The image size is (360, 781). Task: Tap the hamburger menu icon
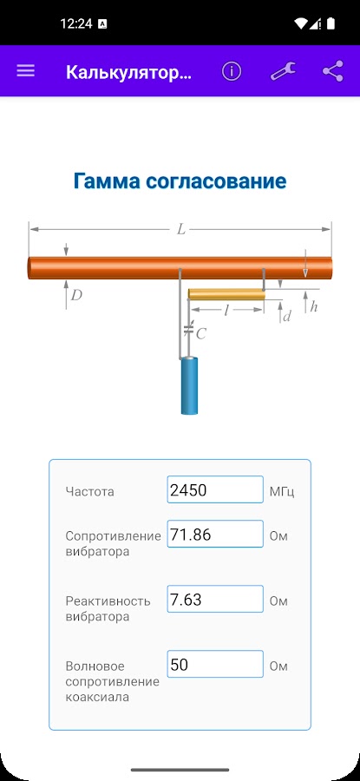(x=25, y=71)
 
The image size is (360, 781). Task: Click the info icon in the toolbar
(x=232, y=72)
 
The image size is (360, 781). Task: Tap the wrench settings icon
(x=283, y=71)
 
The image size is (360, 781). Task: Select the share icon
(x=332, y=71)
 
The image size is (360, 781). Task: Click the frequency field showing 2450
(x=215, y=489)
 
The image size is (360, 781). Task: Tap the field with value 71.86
(x=215, y=534)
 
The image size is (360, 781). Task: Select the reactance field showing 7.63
(x=215, y=599)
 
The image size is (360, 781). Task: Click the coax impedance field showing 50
(x=215, y=664)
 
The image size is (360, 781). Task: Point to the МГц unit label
(x=282, y=492)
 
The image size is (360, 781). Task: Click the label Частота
(x=89, y=492)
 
